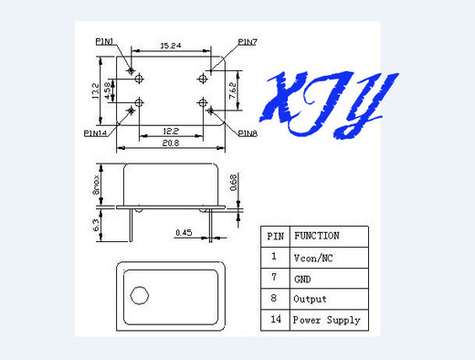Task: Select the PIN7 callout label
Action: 248,41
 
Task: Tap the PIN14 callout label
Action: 96,132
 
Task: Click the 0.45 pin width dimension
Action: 185,232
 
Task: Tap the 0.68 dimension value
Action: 234,185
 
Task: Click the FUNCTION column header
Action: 316,236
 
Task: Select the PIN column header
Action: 275,236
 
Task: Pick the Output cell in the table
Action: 309,299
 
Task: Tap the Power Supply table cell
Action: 325,321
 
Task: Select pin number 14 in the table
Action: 275,321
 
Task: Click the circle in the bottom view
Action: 140,295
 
